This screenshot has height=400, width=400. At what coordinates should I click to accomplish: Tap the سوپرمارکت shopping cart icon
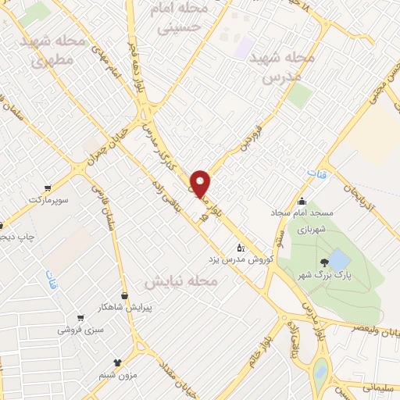click(x=48, y=187)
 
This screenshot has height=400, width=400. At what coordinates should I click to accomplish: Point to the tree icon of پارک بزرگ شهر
click(x=323, y=263)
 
